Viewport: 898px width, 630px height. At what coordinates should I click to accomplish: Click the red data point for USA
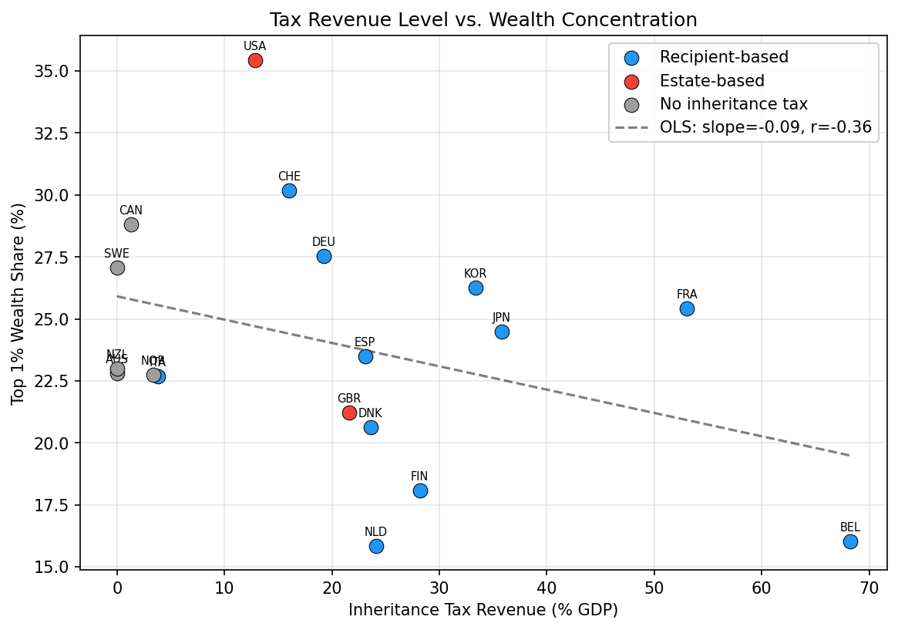click(x=255, y=60)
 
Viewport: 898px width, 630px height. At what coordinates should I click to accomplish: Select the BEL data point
click(x=850, y=541)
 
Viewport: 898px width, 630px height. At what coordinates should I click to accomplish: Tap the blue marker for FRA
click(x=687, y=308)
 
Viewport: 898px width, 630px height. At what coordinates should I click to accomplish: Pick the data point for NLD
click(x=376, y=546)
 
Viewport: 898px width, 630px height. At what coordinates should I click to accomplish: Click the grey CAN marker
click(x=131, y=224)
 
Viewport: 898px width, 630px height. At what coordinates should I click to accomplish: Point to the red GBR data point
click(x=349, y=413)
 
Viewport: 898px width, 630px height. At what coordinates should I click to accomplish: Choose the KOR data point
click(x=476, y=288)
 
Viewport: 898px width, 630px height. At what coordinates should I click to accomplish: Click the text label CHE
click(x=289, y=177)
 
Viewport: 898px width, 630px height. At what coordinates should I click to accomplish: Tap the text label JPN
click(x=501, y=318)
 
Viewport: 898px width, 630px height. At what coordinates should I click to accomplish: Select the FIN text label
click(x=419, y=477)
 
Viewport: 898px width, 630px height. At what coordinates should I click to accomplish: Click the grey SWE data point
click(x=117, y=268)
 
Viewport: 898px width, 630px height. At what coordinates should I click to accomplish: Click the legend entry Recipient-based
click(x=724, y=57)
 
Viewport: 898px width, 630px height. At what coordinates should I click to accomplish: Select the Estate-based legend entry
click(x=711, y=81)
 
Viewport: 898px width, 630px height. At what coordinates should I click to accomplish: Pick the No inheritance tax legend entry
click(x=733, y=104)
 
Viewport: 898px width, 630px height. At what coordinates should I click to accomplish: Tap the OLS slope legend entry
click(x=765, y=127)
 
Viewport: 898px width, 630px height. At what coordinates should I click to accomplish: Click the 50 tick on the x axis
click(x=654, y=585)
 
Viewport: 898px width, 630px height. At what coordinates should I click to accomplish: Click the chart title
click(x=483, y=20)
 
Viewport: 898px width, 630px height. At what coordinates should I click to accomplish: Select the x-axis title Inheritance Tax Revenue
click(x=483, y=610)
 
